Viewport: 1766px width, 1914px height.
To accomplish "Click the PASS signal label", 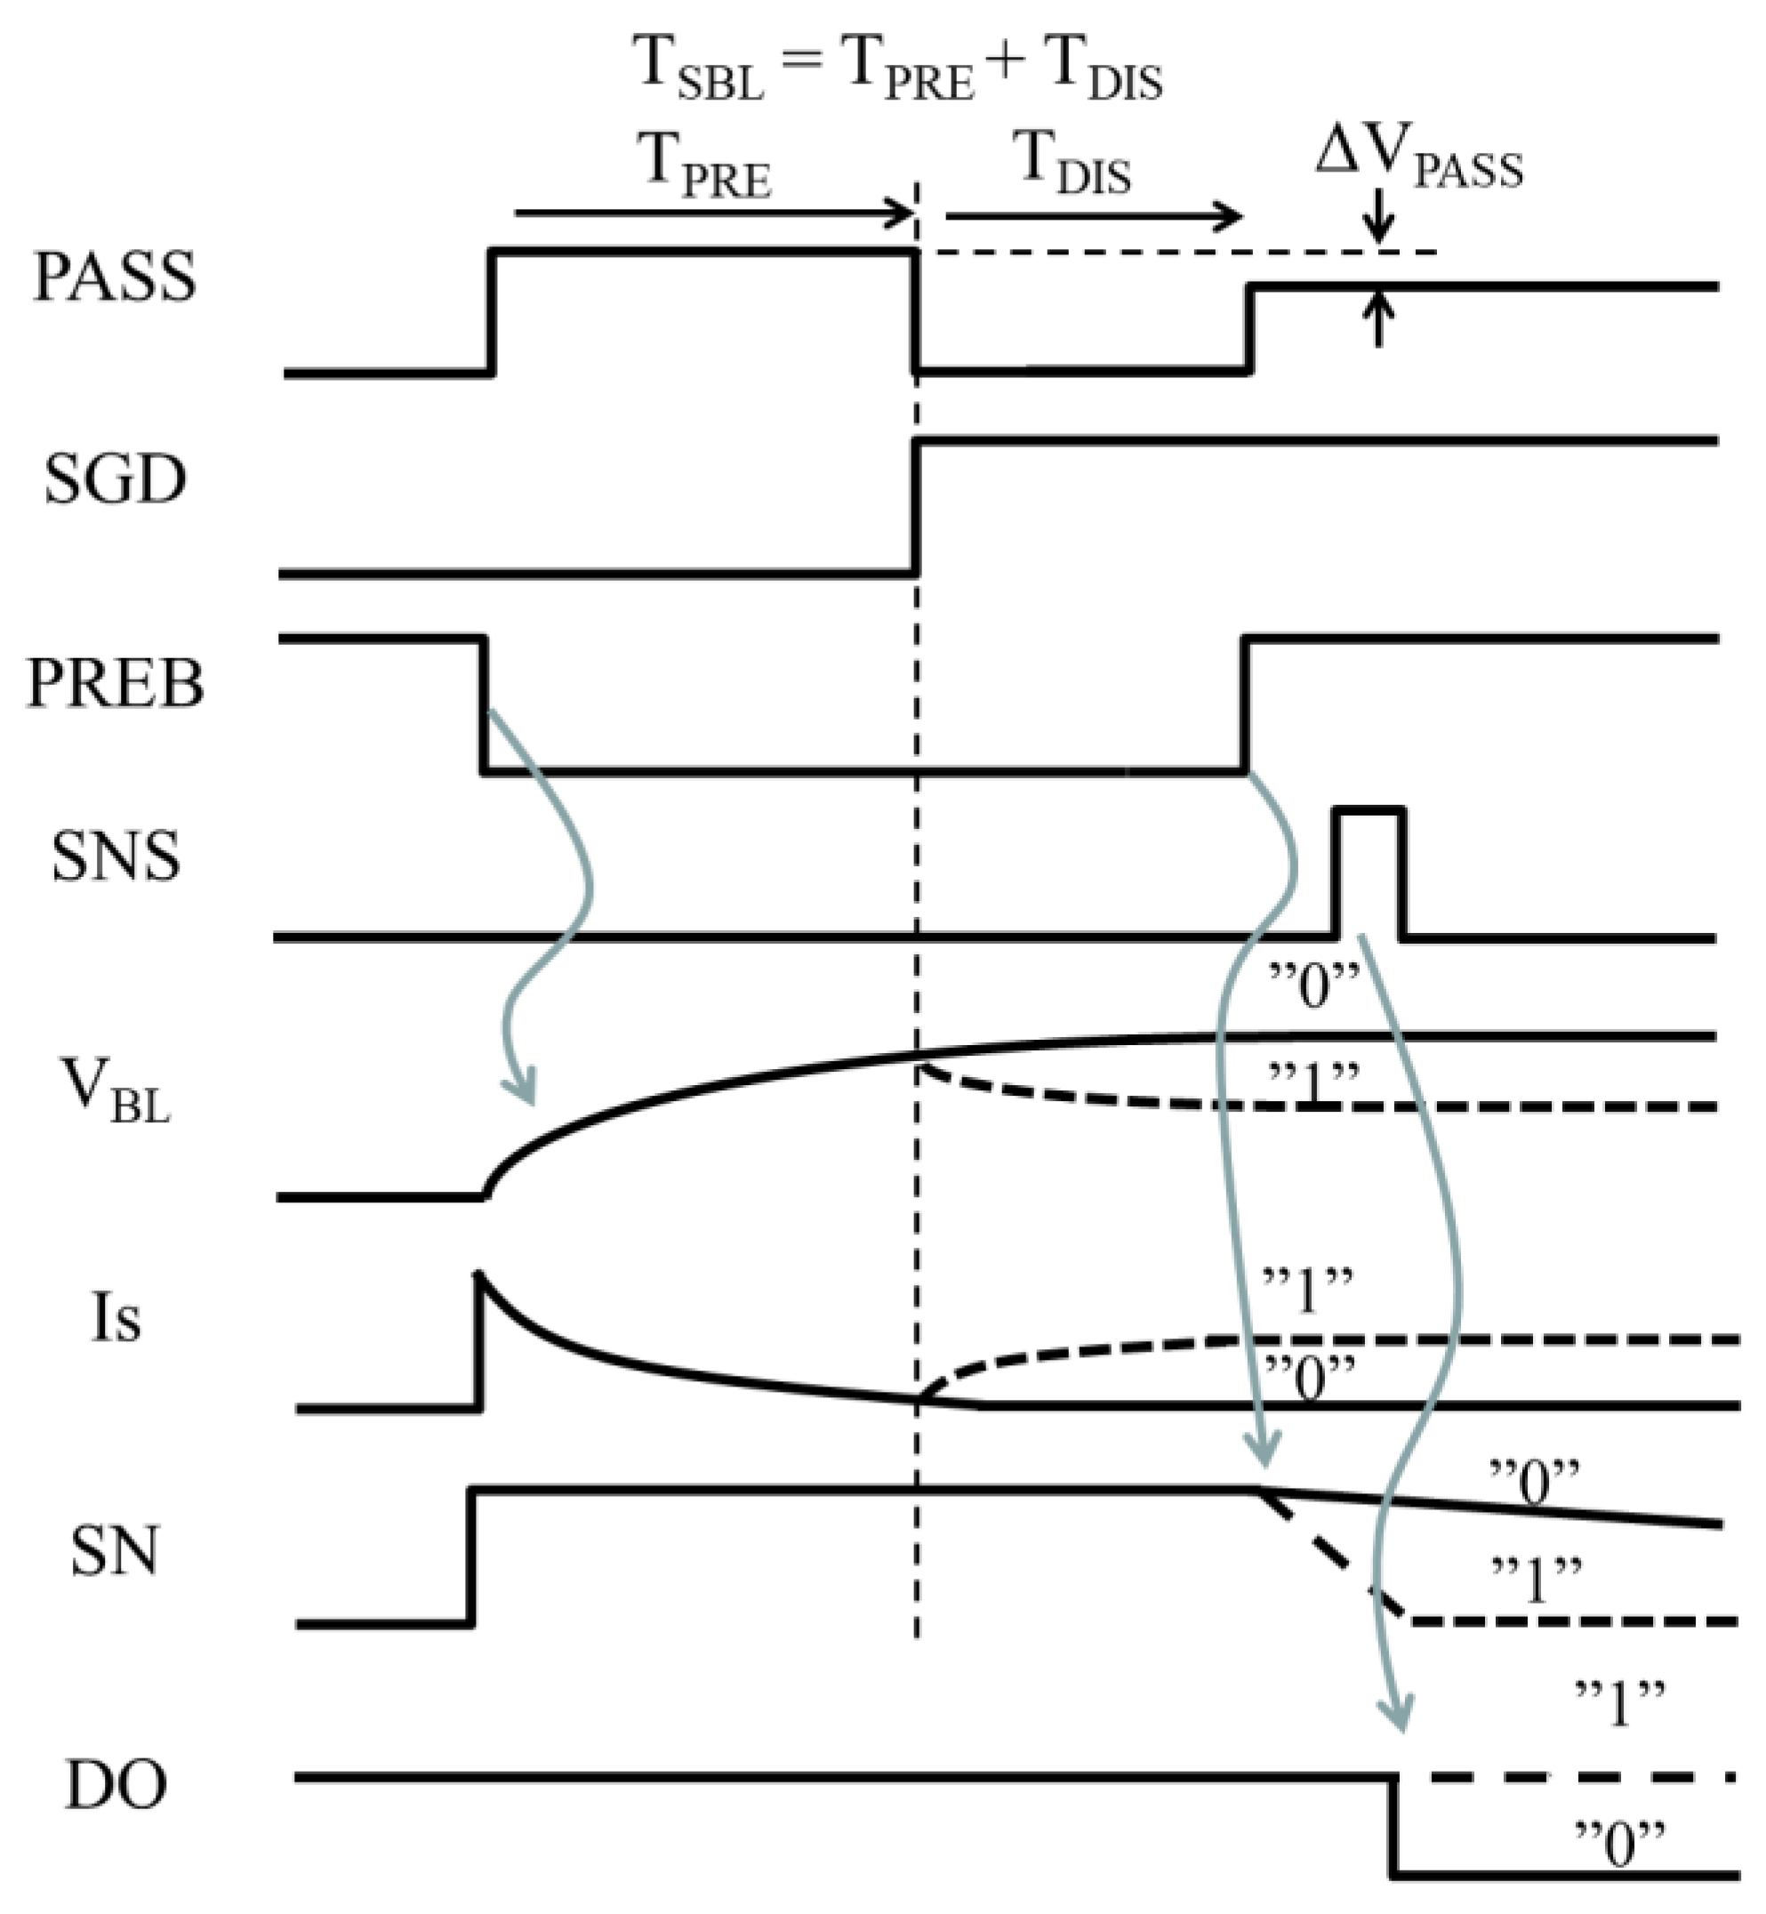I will tap(115, 277).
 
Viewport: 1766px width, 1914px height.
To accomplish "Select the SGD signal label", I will tap(115, 478).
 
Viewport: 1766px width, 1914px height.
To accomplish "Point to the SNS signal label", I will tap(115, 856).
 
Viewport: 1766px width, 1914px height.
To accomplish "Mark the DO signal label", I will tap(116, 1785).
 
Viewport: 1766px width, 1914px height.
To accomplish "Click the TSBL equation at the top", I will tap(897, 68).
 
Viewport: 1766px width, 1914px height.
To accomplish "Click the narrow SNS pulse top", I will tap(1369, 811).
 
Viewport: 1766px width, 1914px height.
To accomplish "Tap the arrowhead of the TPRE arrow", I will tap(903, 213).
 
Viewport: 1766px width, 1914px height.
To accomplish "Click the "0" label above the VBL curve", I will tap(1314, 987).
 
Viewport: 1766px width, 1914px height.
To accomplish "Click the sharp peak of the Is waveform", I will tap(479, 1275).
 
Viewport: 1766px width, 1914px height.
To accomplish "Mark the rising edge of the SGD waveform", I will tap(916, 506).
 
